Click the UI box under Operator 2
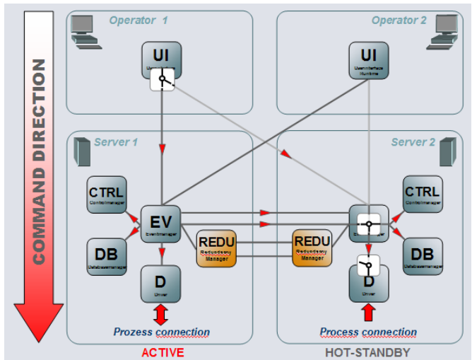368,59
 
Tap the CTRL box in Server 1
106,195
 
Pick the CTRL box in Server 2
423,195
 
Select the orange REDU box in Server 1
216,248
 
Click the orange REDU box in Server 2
312,248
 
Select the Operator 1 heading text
138,21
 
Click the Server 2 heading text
413,142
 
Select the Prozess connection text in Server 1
162,332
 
